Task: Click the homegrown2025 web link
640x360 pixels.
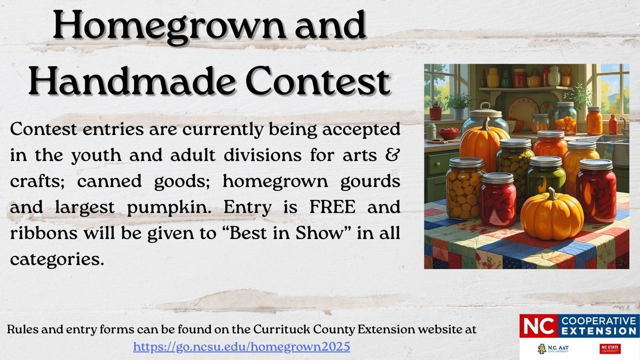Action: (242, 346)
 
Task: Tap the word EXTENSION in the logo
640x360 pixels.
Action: (598, 332)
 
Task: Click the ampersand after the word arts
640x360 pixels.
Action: (394, 156)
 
